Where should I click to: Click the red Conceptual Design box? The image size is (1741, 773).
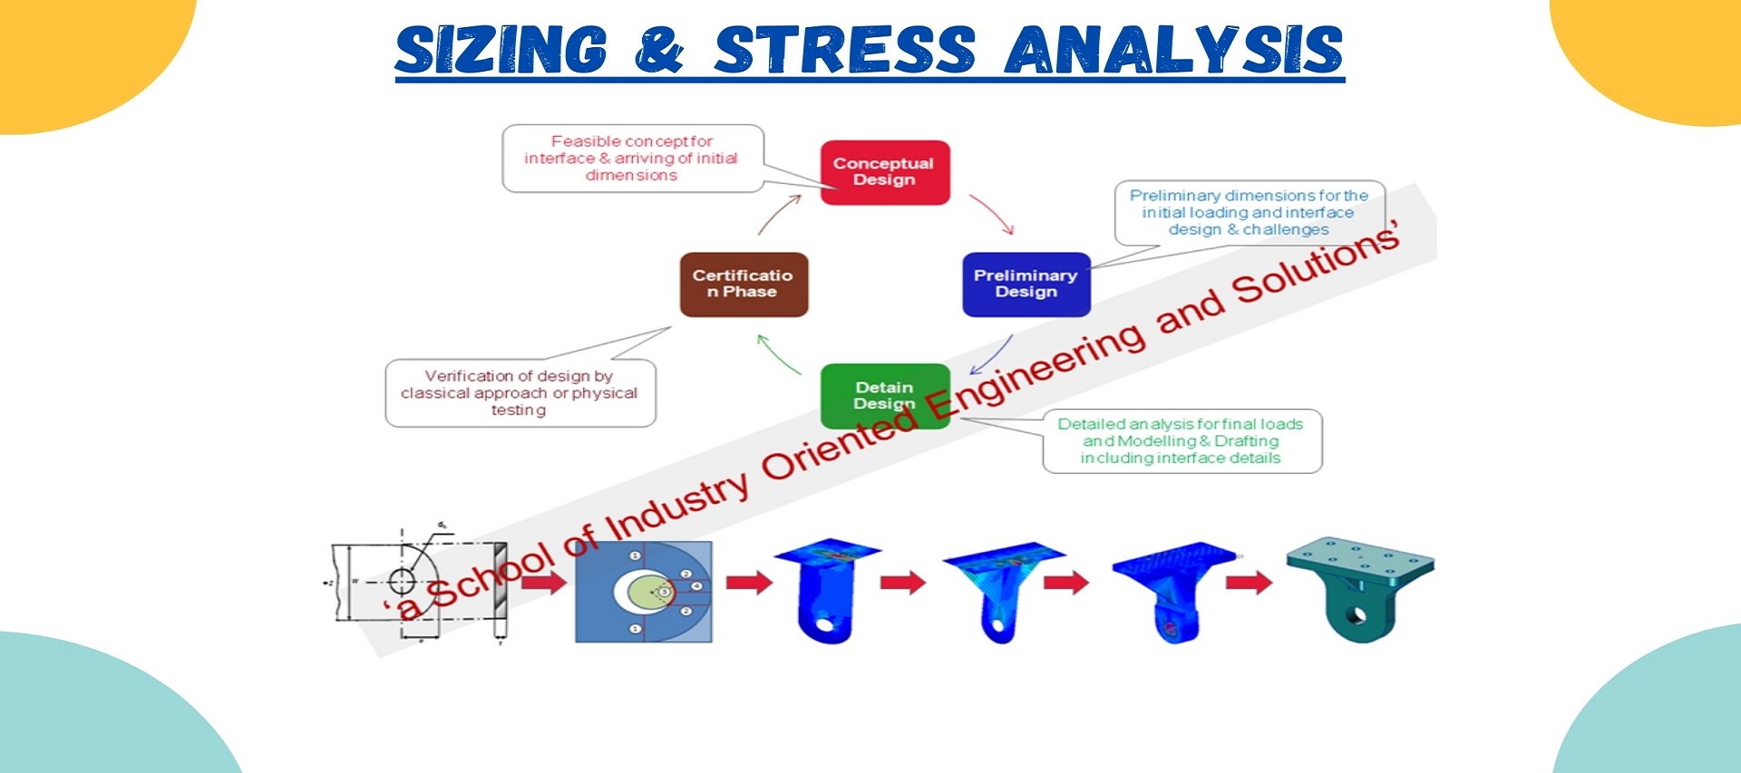point(885,172)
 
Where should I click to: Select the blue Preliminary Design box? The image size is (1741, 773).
point(1026,284)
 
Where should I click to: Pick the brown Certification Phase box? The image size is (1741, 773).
point(744,284)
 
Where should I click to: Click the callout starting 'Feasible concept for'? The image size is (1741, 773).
point(632,159)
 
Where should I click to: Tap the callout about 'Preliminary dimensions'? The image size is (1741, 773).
point(1249,212)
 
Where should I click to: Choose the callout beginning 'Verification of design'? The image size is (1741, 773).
point(520,393)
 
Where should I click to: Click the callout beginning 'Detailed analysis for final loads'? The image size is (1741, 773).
point(1182,441)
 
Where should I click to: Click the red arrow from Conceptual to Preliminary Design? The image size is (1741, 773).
point(992,214)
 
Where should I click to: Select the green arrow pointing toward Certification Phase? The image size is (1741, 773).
point(777,353)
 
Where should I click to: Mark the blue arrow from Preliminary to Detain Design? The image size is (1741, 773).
point(992,354)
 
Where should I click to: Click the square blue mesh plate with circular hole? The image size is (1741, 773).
point(643,592)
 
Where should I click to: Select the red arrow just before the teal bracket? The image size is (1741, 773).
point(1249,582)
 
